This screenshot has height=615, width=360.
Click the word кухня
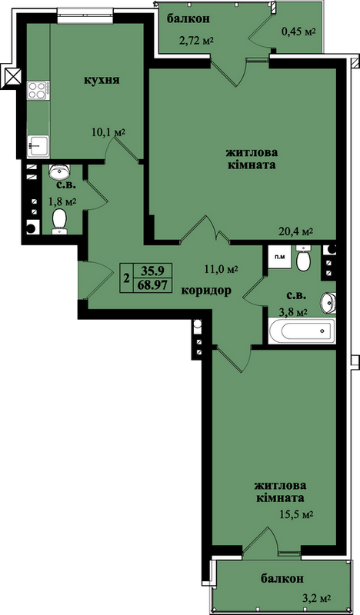pyautogui.click(x=102, y=81)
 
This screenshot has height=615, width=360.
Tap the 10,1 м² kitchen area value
pyautogui.click(x=108, y=132)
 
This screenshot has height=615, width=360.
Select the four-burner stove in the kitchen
pyautogui.click(x=38, y=90)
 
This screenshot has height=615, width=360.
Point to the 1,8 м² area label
pyautogui.click(x=62, y=202)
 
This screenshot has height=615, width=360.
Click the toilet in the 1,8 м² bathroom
pyautogui.click(x=59, y=221)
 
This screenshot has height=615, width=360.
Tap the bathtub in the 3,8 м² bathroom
pyautogui.click(x=302, y=331)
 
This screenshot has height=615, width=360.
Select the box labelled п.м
pyautogui.click(x=279, y=258)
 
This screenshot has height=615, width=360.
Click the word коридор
pyautogui.click(x=205, y=291)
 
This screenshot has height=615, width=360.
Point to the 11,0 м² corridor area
pyautogui.click(x=222, y=270)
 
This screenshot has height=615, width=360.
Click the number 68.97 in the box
pyautogui.click(x=152, y=284)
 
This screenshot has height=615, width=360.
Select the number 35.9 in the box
pyautogui.click(x=153, y=271)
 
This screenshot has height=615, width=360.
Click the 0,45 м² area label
pyautogui.click(x=299, y=32)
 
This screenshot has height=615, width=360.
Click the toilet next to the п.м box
pyautogui.click(x=304, y=259)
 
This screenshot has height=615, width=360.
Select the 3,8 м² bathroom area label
pyautogui.click(x=293, y=313)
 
